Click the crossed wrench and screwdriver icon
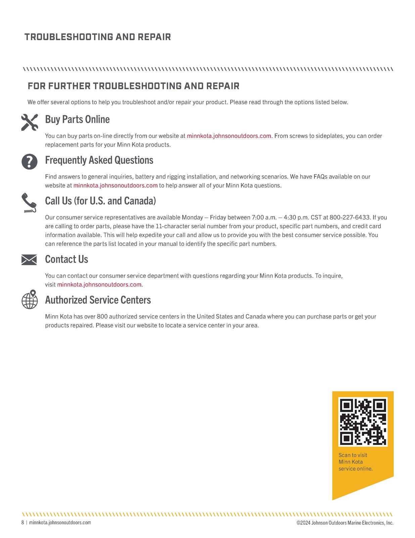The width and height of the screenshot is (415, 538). tap(29, 122)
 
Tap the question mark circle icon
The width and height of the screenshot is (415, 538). tap(29, 162)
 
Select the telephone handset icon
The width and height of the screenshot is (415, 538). tap(29, 202)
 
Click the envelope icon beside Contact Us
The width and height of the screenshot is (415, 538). tap(29, 260)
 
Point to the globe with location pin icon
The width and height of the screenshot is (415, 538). tap(30, 299)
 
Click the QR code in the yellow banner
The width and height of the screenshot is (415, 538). tap(363, 422)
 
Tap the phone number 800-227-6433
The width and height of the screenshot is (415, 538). tap(350, 218)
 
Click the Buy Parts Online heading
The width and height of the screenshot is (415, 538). tap(77, 119)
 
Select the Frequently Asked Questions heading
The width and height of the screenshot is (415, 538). tap(99, 160)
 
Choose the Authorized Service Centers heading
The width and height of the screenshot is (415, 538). tap(98, 300)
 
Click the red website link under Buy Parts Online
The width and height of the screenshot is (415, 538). tap(229, 136)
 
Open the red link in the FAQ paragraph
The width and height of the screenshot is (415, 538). tap(116, 185)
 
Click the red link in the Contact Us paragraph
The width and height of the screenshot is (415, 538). tap(99, 284)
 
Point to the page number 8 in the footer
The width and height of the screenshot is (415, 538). tap(23, 523)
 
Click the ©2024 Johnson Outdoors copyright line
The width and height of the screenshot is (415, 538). tap(345, 523)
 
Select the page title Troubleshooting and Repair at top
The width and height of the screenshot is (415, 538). tap(98, 37)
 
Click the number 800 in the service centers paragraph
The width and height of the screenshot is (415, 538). tap(102, 316)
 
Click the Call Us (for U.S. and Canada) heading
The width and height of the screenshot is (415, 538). tap(100, 201)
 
